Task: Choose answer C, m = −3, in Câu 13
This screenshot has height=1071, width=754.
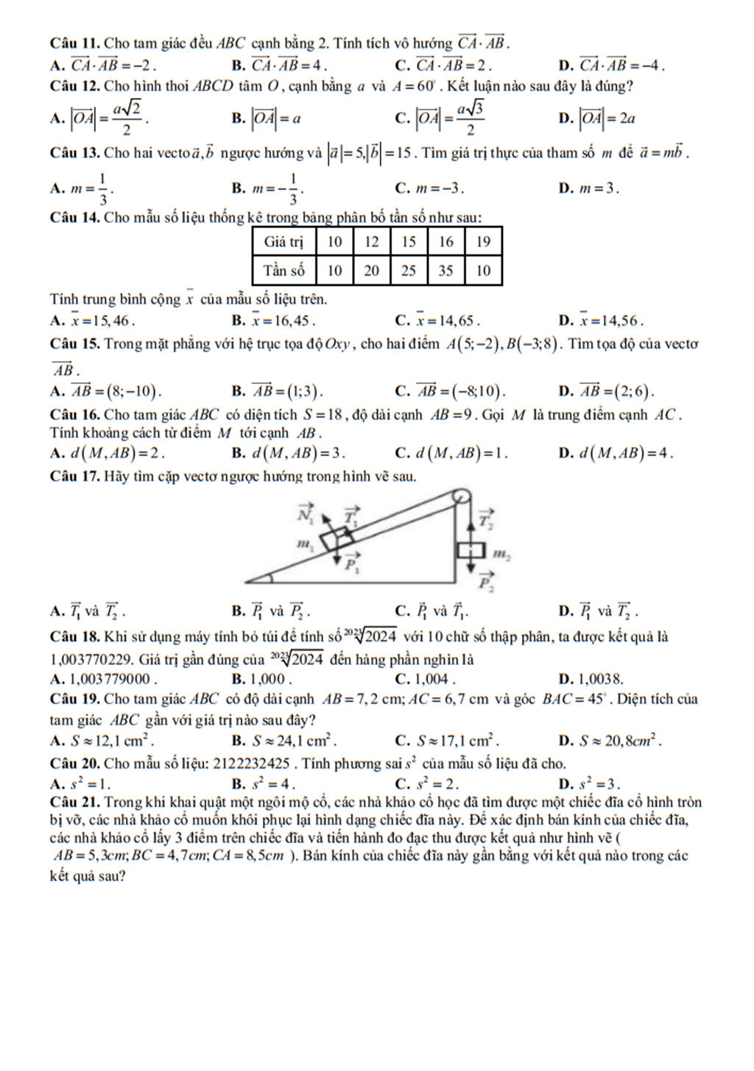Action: pos(430,188)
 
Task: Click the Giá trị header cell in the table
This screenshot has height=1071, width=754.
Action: pos(283,241)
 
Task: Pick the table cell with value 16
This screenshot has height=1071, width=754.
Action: pos(445,241)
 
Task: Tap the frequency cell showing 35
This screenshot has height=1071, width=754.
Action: pos(445,271)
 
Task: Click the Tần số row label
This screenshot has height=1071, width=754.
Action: pos(283,271)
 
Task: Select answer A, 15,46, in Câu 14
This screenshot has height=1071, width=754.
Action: pos(93,321)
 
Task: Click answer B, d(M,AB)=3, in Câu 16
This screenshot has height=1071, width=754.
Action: pos(288,453)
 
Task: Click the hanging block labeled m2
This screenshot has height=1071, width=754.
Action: pos(471,550)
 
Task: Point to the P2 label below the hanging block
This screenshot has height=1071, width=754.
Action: pos(485,583)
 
